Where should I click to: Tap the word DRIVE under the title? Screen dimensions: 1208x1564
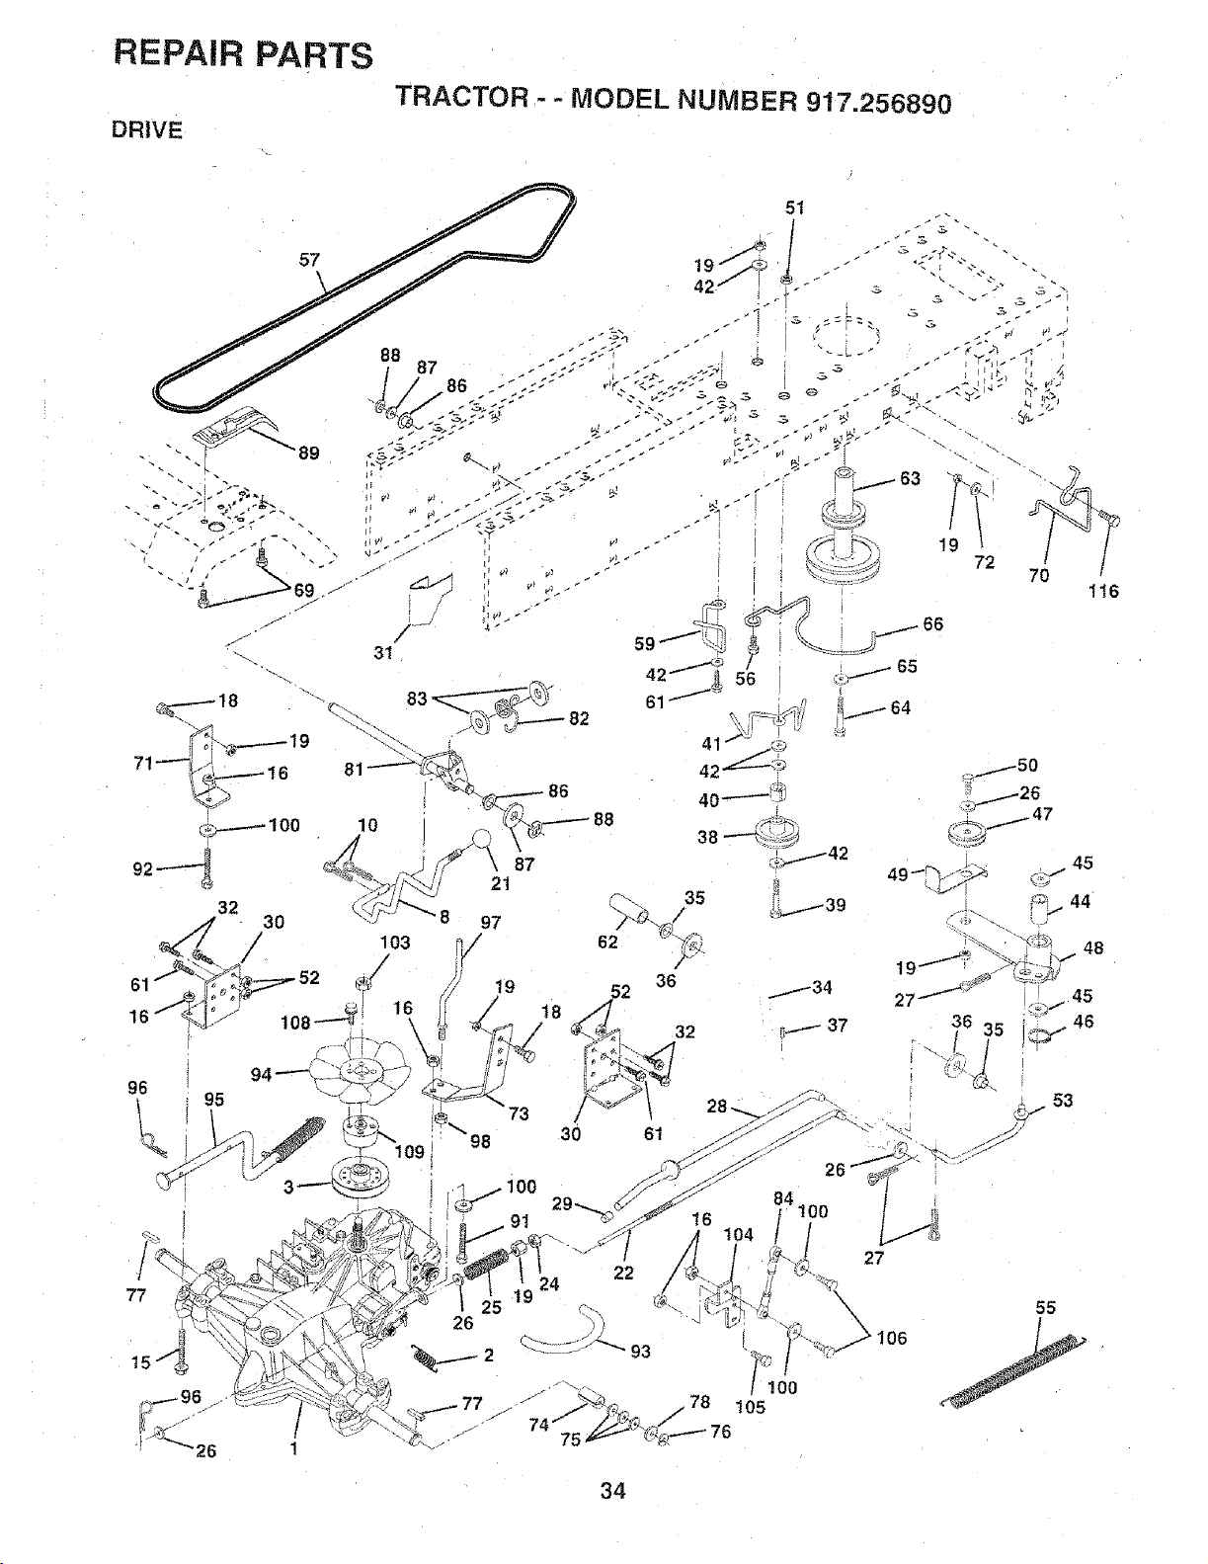[147, 130]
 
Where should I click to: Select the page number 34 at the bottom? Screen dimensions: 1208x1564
[613, 1491]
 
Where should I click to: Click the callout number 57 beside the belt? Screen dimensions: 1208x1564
[309, 259]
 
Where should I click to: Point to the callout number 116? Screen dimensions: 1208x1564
[1103, 591]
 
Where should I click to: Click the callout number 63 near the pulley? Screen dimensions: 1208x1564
[910, 478]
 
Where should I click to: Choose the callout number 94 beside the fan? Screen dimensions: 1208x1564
[261, 1074]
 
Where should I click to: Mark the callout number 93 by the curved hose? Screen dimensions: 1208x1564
[640, 1352]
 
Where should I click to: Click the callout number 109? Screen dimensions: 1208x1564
[409, 1152]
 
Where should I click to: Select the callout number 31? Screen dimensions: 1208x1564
[383, 652]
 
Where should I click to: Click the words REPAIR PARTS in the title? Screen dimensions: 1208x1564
[243, 54]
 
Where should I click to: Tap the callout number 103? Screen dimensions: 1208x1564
[395, 942]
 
